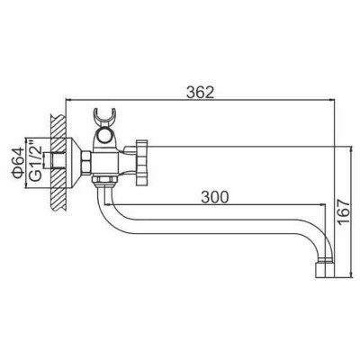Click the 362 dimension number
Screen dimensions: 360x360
click(x=201, y=92)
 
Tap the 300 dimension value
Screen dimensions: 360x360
click(x=215, y=197)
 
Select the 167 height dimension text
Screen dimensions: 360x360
click(x=344, y=211)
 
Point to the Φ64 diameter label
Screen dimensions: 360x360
click(x=18, y=163)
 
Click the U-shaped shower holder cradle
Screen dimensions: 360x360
click(x=104, y=117)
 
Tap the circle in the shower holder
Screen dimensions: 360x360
click(x=104, y=136)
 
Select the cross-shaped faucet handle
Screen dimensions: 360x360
click(x=142, y=162)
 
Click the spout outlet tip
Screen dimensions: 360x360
click(x=324, y=267)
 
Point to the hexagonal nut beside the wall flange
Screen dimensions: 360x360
click(x=85, y=162)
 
